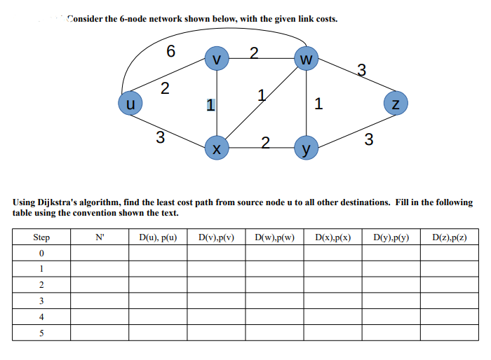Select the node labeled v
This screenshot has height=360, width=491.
pyautogui.click(x=217, y=59)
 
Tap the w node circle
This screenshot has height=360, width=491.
pyautogui.click(x=306, y=59)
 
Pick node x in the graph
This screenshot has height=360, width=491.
pyautogui.click(x=217, y=148)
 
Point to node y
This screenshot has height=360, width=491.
pyautogui.click(x=306, y=148)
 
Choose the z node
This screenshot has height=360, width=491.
pyautogui.click(x=396, y=105)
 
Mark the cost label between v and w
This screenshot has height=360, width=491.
pyautogui.click(x=254, y=52)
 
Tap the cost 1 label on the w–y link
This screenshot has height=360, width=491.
pyautogui.click(x=319, y=105)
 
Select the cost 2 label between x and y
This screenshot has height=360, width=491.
pyautogui.click(x=264, y=144)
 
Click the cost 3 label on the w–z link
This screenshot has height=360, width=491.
pyautogui.click(x=361, y=69)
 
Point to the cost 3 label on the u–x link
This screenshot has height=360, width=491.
pyautogui.click(x=160, y=137)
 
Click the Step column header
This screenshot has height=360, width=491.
pyautogui.click(x=41, y=237)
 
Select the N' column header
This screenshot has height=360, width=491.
pyautogui.click(x=100, y=237)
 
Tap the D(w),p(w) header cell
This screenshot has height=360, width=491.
pyautogui.click(x=274, y=237)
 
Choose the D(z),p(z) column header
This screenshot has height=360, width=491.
pyautogui.click(x=450, y=237)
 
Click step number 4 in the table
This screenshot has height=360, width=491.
pyautogui.click(x=41, y=317)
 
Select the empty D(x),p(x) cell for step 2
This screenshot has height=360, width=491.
pyautogui.click(x=332, y=284)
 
